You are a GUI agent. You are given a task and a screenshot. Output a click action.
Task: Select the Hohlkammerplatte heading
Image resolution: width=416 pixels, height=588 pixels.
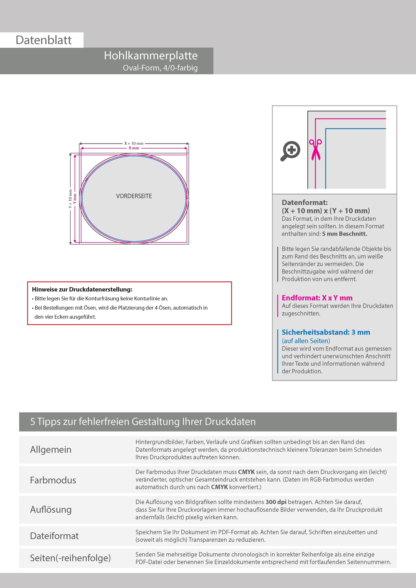151,56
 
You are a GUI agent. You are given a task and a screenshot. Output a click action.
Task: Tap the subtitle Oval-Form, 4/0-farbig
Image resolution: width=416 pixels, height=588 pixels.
160,68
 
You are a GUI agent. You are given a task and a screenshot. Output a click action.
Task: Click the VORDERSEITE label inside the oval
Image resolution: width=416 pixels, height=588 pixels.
134,196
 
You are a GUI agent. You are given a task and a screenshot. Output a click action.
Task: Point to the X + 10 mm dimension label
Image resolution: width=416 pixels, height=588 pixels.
134,143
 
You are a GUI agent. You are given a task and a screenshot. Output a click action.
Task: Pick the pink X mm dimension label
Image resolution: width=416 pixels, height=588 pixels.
134,148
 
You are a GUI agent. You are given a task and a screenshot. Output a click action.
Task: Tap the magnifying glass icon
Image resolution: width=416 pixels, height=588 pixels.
290,151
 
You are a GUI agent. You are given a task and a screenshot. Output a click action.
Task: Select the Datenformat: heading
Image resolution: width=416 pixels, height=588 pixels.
304,203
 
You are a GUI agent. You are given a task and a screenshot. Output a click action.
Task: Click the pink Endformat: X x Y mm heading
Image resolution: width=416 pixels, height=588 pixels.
317,298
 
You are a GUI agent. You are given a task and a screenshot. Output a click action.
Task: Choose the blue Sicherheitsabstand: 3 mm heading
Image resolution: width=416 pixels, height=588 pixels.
326,332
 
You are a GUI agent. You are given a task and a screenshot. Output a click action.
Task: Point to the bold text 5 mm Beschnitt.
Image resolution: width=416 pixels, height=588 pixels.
345,234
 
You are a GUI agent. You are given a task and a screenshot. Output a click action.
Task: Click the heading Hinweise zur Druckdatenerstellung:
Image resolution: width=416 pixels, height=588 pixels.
82,289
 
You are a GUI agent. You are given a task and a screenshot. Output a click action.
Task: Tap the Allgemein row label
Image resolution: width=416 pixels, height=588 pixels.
51,449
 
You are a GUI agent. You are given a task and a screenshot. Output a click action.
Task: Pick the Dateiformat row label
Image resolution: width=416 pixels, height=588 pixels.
54,536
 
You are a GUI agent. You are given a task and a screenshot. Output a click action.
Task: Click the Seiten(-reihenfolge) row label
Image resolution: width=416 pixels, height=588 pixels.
70,558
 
